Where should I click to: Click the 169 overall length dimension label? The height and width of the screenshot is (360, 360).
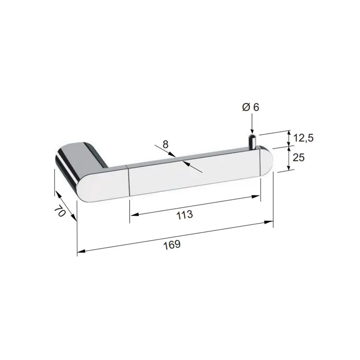click(172, 244)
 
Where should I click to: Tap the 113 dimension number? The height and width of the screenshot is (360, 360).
click(185, 215)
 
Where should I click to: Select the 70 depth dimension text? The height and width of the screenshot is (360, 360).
click(60, 211)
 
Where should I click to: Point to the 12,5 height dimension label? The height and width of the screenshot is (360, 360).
click(303, 138)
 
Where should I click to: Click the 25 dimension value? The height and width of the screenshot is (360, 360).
click(299, 157)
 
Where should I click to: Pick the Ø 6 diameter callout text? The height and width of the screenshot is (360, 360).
click(251, 107)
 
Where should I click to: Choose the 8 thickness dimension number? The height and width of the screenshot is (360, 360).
click(165, 144)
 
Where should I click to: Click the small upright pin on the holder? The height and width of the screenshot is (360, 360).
click(252, 142)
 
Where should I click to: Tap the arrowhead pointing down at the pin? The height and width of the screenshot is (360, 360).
click(252, 130)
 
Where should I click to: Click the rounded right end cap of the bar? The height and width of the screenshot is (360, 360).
click(267, 162)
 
